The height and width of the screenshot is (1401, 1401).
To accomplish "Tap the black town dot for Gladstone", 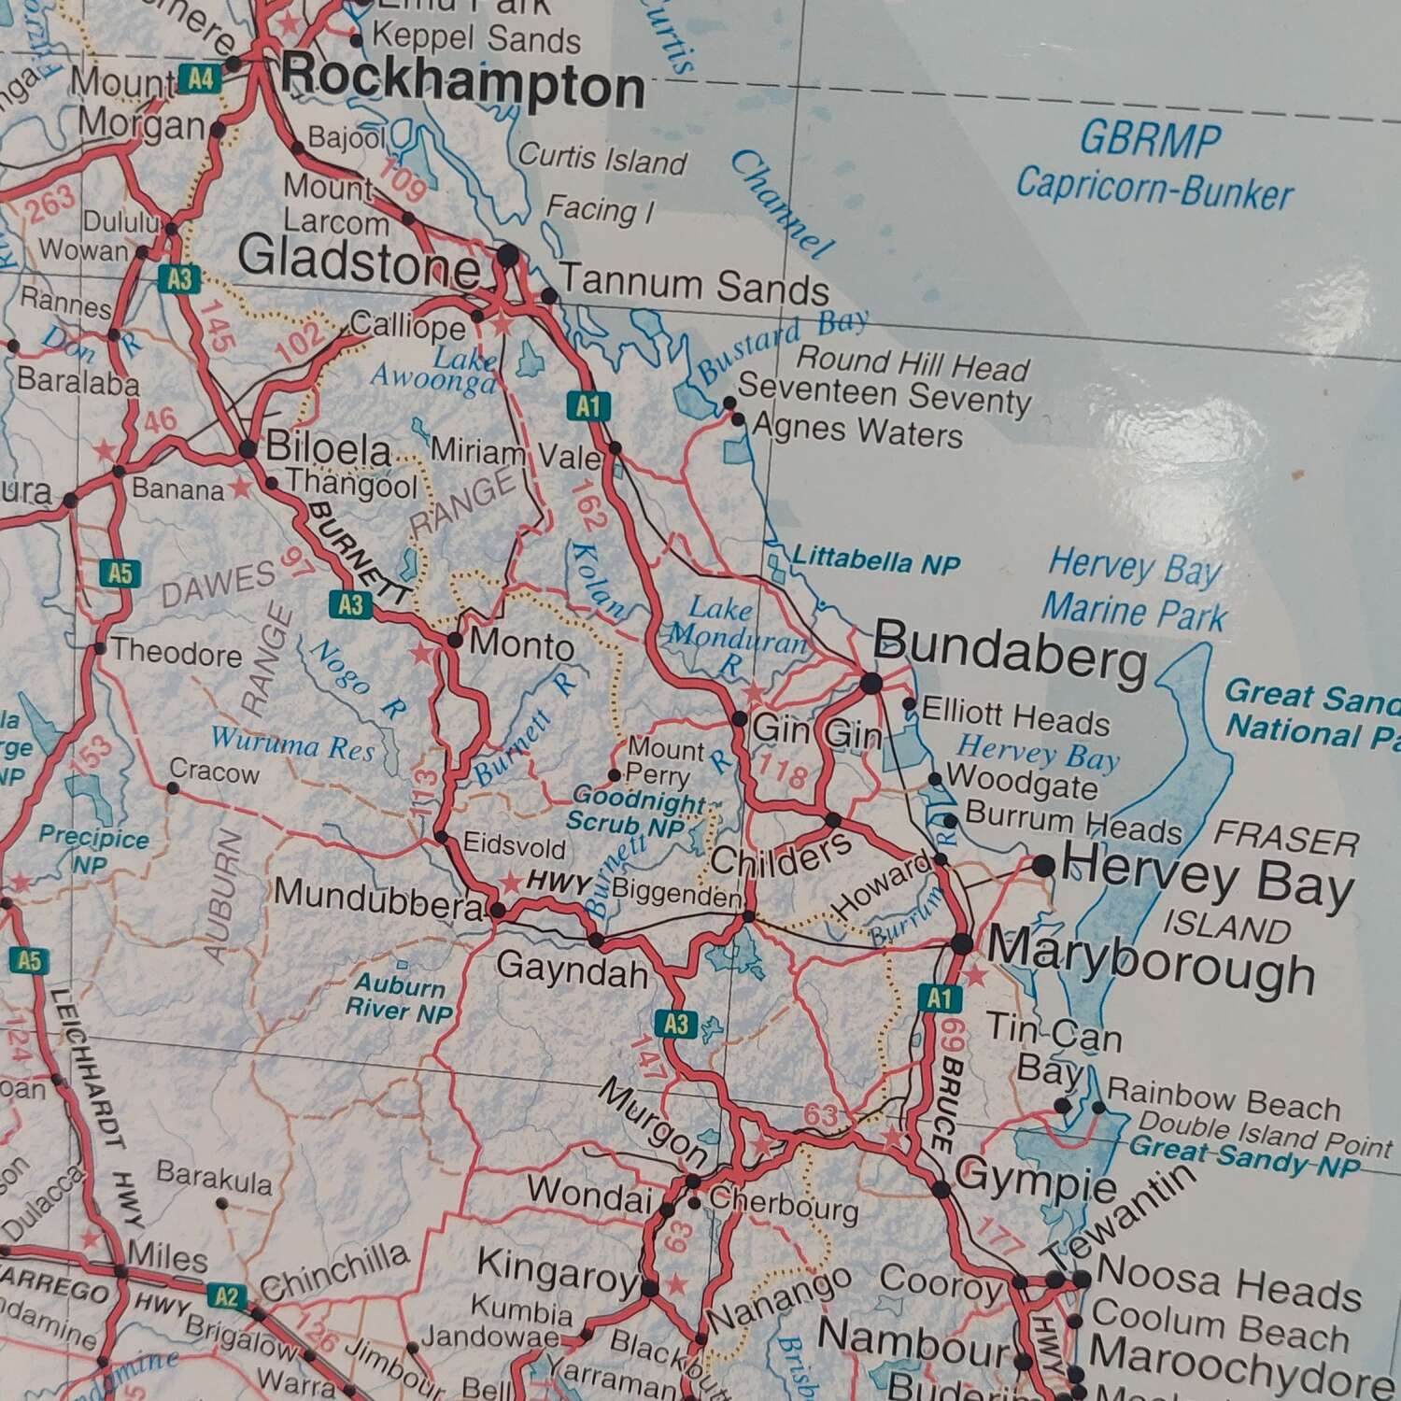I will pyautogui.click(x=507, y=254).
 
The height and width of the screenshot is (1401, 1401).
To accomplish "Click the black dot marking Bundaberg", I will pyautogui.click(x=870, y=684).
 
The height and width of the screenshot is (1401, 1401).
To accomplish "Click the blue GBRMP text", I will pyautogui.click(x=1150, y=140).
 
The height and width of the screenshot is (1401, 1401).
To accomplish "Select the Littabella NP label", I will pyautogui.click(x=875, y=560).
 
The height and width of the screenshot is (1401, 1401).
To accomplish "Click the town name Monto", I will pyautogui.click(x=520, y=645).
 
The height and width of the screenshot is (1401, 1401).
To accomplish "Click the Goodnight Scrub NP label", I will pyautogui.click(x=638, y=812).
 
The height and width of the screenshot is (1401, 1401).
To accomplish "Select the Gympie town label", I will pyautogui.click(x=1036, y=1180).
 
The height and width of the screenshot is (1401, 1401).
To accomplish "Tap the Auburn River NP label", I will pyautogui.click(x=399, y=998).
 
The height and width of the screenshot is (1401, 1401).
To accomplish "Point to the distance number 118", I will pyautogui.click(x=784, y=774).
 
